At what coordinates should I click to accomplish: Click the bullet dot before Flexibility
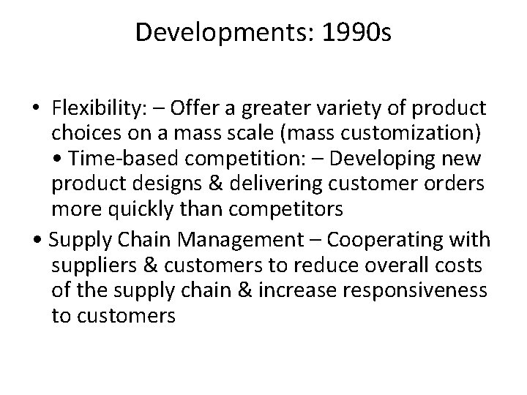(x=37, y=110)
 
